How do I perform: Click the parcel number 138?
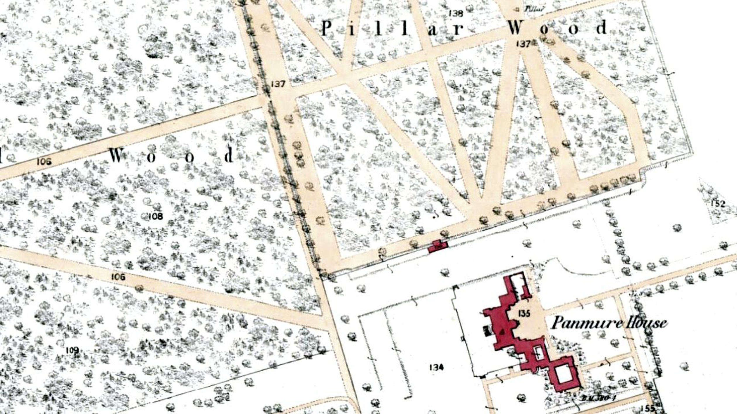456,13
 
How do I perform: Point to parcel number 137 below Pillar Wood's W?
523,44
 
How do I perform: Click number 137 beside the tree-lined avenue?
278,84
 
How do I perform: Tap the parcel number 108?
156,216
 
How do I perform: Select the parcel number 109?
72,350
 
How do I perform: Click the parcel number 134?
436,367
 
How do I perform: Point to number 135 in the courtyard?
524,313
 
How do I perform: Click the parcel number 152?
718,204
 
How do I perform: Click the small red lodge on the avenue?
438,246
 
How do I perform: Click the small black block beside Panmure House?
487,331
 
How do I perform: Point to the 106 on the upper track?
44,161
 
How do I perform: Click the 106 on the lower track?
118,276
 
